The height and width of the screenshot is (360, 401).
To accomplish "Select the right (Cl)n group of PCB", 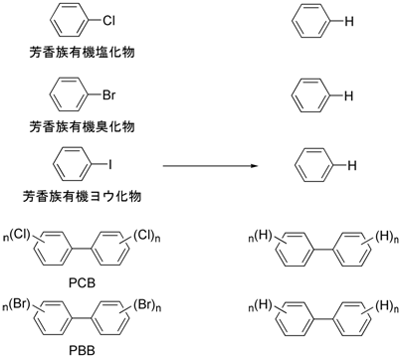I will [x=166, y=235].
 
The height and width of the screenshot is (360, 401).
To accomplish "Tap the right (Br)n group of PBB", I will [x=167, y=301].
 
